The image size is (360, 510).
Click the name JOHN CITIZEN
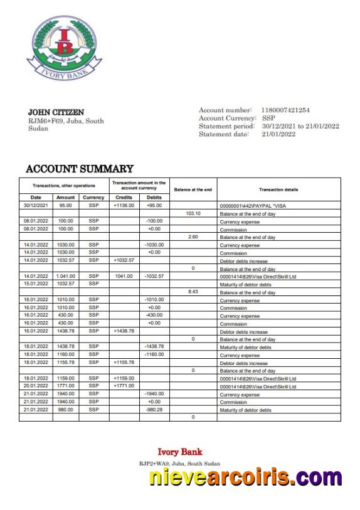[x=56, y=112]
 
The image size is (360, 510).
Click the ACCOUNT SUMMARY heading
[x=80, y=169]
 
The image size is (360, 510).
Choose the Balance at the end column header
[x=193, y=189]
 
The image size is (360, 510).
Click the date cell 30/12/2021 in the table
[x=36, y=205]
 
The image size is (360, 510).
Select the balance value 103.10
[x=193, y=213]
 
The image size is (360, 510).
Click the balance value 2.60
[x=193, y=236]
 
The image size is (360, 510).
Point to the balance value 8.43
[x=193, y=292]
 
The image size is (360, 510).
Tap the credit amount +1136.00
[x=124, y=205]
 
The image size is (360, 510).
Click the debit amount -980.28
[x=154, y=410]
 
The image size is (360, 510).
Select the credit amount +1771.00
[x=124, y=386]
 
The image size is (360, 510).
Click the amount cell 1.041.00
[x=65, y=276]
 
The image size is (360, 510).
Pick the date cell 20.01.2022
[x=36, y=386]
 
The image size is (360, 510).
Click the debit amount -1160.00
[x=154, y=355]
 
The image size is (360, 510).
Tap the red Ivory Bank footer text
[x=179, y=452]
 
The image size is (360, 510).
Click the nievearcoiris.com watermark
[x=246, y=479]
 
